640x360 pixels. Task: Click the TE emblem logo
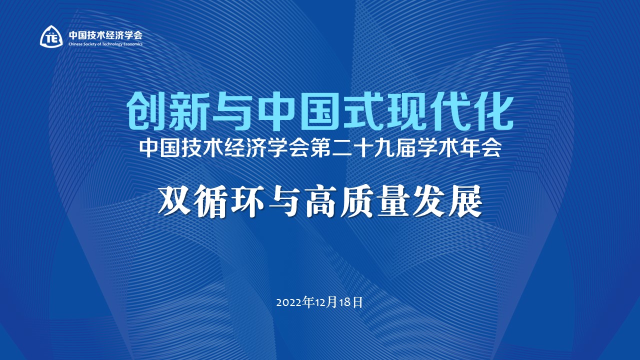pos(51,36)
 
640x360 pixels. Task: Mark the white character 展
pos(466,201)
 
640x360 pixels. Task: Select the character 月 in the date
pos(335,303)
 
